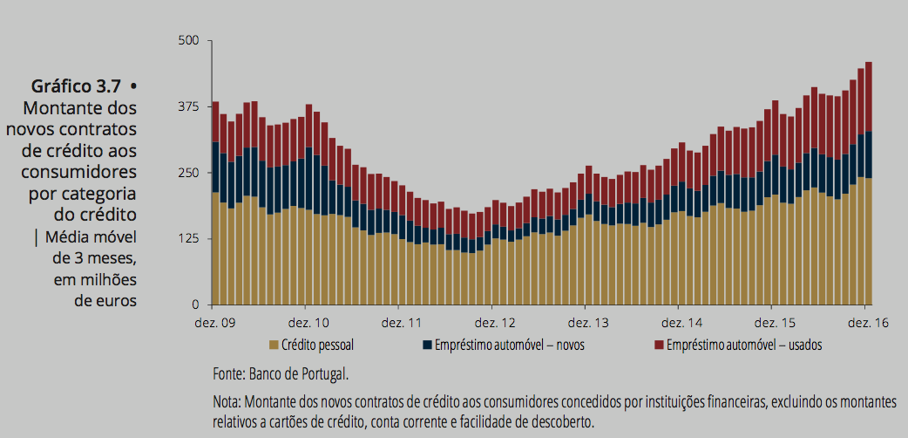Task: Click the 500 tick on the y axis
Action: pos(190,41)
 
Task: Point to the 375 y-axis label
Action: pos(190,106)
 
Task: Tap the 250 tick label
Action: pos(190,173)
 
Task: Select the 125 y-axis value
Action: pos(190,239)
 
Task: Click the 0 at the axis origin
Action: pos(197,305)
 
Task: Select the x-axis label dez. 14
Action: pos(679,322)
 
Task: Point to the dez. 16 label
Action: pos(865,322)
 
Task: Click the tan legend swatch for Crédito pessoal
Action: pos(274,345)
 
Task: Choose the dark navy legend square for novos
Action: pos(426,345)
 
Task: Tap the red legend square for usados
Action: pos(659,345)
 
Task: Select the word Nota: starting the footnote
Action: pos(227,403)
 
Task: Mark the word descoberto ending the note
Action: pos(563,421)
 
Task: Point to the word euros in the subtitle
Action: pos(117,302)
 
